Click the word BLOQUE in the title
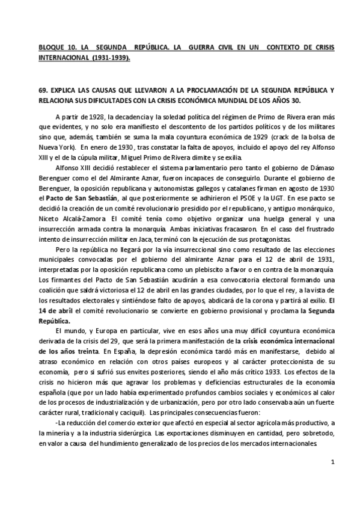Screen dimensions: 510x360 pos(50,46)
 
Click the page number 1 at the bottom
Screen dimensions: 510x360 pos(332,478)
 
